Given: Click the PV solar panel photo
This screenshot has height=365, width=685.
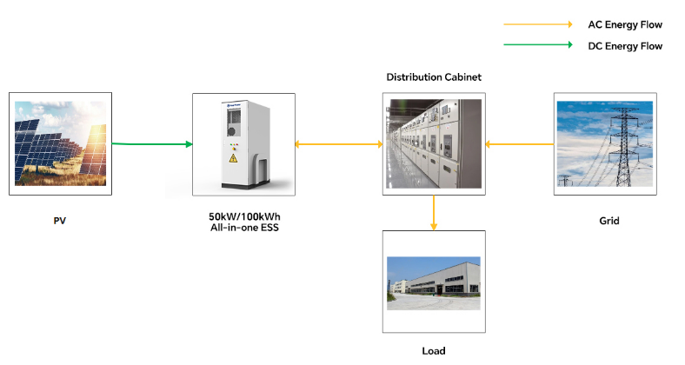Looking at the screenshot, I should tap(60, 143).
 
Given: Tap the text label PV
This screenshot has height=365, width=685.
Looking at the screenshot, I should tap(59, 221).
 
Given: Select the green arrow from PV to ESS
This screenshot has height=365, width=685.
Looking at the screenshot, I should tap(152, 143).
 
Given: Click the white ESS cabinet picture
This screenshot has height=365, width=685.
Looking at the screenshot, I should tap(241, 143).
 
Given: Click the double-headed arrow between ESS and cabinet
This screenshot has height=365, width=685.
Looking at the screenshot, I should tap(338, 143).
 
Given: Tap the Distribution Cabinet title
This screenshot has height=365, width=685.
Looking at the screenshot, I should tap(433, 77).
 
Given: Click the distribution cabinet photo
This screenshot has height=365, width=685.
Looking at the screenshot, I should tap(433, 143).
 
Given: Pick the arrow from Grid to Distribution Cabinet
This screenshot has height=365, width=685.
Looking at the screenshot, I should tap(519, 143).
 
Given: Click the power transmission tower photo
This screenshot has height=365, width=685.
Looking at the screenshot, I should tap(606, 143).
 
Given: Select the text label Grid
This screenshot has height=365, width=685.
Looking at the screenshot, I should tap(609, 221).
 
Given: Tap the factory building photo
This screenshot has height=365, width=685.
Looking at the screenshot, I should tap(433, 282).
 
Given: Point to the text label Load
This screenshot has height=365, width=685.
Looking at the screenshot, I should tap(433, 351).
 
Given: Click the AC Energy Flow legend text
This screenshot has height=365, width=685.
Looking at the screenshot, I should tap(625, 25).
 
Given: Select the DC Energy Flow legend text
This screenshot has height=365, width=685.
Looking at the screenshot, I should tap(625, 46).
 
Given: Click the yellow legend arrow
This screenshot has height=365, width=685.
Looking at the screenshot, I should tap(537, 24).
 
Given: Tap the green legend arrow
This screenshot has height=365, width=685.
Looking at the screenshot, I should tap(537, 45).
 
